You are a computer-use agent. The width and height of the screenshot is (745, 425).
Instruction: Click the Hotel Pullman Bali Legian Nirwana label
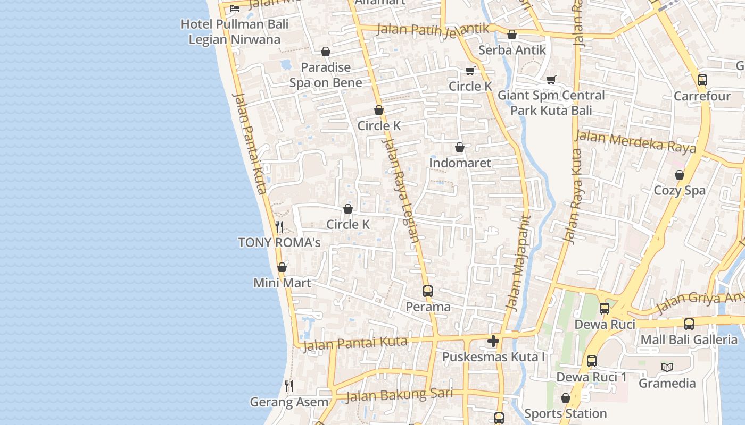click(235, 32)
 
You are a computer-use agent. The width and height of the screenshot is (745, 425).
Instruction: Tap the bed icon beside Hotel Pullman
click(234, 8)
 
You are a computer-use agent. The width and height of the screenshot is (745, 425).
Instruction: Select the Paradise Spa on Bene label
click(326, 75)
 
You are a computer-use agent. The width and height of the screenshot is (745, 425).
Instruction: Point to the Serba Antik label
click(512, 50)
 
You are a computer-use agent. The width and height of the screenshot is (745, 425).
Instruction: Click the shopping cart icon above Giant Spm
click(551, 80)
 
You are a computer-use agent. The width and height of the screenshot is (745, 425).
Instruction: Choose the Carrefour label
click(702, 96)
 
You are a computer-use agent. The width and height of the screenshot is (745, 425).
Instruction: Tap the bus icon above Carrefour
click(702, 81)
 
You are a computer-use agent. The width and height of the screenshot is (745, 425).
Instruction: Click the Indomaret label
click(460, 163)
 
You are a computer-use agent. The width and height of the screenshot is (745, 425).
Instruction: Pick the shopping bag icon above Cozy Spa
click(680, 175)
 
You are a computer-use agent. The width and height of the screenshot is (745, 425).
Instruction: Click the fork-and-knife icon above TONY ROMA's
click(279, 227)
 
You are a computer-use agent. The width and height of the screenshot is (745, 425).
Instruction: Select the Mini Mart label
click(282, 283)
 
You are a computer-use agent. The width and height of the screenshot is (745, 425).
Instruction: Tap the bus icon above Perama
click(428, 291)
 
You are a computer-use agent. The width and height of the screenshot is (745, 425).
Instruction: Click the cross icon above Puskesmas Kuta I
click(493, 341)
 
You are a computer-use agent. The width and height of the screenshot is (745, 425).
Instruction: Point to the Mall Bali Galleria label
click(689, 339)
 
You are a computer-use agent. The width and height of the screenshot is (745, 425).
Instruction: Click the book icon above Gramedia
click(667, 367)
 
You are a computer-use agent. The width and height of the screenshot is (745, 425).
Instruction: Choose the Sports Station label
click(565, 413)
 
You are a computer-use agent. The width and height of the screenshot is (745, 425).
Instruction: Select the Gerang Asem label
click(289, 402)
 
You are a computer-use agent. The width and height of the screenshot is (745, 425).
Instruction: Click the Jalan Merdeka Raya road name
click(635, 142)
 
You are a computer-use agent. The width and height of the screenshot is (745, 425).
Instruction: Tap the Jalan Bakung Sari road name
click(399, 395)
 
